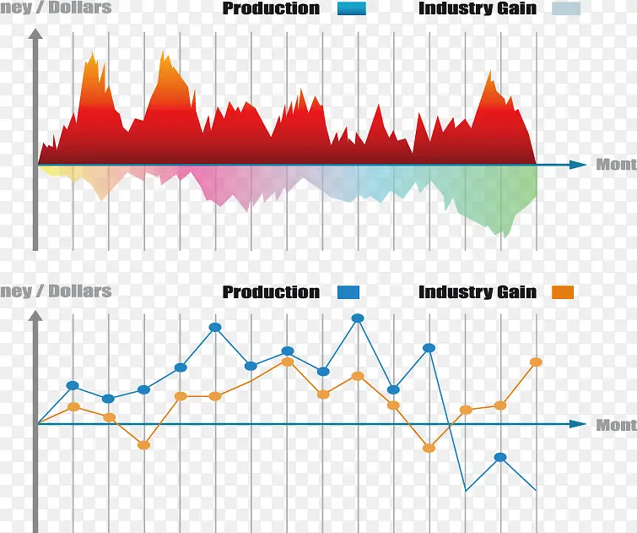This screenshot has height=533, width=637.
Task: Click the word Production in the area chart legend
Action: (271, 9)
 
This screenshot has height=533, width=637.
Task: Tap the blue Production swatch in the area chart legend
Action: (351, 9)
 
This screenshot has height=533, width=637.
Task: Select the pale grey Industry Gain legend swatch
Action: (566, 9)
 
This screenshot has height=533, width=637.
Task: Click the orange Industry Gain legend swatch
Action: (563, 292)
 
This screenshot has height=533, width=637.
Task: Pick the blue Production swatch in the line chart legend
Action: (348, 292)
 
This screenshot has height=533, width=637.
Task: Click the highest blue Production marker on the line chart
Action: (358, 318)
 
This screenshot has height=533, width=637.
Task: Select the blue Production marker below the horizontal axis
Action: (500, 457)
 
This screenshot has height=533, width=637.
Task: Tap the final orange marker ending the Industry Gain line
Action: (536, 362)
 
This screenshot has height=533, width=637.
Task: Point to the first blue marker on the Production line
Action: (73, 386)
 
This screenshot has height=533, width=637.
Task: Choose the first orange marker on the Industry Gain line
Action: (73, 406)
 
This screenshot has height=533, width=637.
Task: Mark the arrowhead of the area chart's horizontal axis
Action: (578, 165)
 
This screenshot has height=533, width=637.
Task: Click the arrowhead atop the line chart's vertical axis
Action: (35, 317)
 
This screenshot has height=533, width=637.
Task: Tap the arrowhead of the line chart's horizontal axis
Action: (578, 423)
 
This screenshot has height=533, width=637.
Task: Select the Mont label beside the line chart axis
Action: (616, 425)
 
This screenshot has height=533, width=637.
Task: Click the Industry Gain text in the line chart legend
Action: (477, 292)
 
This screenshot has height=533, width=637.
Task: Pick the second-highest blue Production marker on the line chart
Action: (215, 327)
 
